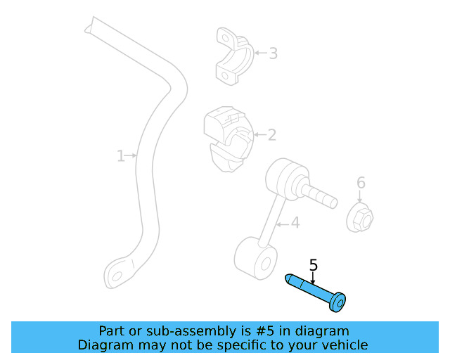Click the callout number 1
(x=120, y=155)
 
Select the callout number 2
(x=271, y=135)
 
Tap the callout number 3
(x=273, y=53)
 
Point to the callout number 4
(x=295, y=223)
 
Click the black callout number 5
(x=314, y=265)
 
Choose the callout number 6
(x=361, y=184)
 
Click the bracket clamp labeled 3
(x=232, y=56)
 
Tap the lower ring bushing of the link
(x=254, y=258)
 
